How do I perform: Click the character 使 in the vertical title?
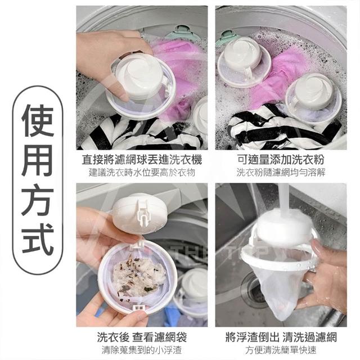38,121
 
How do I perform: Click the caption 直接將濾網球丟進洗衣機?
142,160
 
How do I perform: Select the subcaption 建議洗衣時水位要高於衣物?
142,173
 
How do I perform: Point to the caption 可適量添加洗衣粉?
281,159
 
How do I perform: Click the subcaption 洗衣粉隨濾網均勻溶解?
281,173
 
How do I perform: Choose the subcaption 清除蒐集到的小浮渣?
142,350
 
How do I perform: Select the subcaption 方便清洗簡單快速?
281,350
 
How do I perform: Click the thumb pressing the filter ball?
120,89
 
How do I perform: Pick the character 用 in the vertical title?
38,160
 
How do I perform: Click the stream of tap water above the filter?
283,197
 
